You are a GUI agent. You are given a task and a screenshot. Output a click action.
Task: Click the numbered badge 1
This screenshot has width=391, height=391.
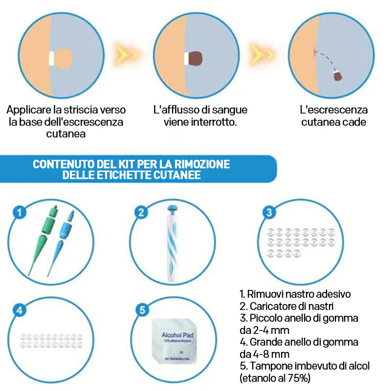click(19, 212)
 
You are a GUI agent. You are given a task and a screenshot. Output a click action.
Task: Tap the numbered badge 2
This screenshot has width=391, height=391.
click(141, 212)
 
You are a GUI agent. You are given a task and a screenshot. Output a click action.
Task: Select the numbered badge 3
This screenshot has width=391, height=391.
click(268, 212)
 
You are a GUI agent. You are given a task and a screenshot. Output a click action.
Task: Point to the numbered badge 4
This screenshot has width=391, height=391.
click(19, 310)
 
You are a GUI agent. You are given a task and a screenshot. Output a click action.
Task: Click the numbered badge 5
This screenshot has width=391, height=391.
click(141, 310)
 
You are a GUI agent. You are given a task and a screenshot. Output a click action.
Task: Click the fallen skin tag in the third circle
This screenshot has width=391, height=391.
click(337, 76)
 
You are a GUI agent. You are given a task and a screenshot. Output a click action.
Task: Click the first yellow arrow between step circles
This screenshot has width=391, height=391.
click(126, 53)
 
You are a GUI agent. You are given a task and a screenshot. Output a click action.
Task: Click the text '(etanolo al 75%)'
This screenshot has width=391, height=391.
click(275, 377)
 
